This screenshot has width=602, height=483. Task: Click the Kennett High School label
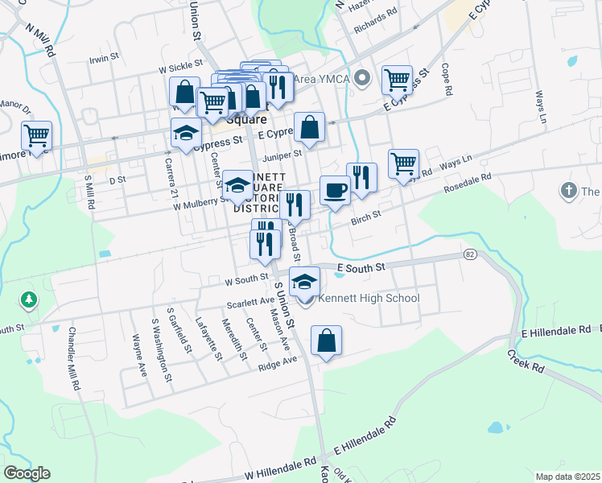369,299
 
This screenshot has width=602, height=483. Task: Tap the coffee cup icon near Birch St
335,191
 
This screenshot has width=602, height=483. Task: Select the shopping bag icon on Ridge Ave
326,341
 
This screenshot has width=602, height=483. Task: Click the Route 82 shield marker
470,254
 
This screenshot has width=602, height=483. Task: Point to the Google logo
27,473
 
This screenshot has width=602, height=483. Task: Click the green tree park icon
29,300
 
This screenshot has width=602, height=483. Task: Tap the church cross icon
569,192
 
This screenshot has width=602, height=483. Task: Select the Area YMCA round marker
363,78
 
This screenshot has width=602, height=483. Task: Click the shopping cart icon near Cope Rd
397,80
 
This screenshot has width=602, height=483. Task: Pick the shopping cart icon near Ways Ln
403,163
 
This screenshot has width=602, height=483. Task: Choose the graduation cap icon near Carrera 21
186,133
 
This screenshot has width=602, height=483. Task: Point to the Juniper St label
281,154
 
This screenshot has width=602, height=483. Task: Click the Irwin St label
105,58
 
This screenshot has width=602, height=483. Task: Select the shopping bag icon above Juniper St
309,126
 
